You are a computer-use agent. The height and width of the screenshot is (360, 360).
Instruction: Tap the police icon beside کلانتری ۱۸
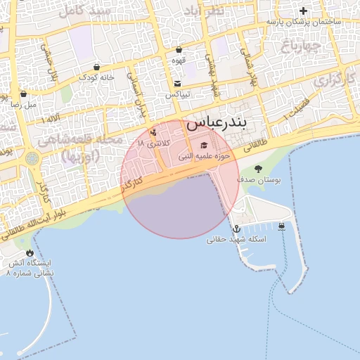click(153, 133)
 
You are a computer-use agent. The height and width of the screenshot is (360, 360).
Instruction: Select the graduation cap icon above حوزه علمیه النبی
click(204, 146)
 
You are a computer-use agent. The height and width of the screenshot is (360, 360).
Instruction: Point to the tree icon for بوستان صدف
click(258, 169)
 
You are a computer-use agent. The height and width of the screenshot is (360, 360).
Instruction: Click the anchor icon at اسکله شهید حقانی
click(236, 229)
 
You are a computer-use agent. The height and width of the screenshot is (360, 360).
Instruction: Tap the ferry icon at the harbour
click(281, 226)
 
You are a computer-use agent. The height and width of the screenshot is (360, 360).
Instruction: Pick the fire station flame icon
click(30, 253)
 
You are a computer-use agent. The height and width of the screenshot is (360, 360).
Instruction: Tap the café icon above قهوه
click(179, 50)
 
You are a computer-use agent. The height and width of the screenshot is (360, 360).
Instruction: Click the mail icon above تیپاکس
click(176, 84)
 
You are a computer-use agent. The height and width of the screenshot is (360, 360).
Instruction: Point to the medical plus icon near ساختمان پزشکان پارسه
click(303, 11)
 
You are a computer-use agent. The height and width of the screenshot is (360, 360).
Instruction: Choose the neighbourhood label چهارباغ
click(302, 47)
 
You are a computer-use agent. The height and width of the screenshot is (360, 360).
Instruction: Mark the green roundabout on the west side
click(32, 159)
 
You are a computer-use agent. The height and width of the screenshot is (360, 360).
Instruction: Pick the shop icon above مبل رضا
click(23, 94)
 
